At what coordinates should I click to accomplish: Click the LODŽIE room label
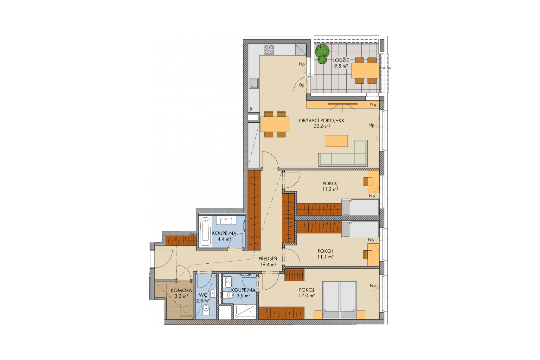(x=341, y=60)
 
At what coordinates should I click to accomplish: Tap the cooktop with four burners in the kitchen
(x=269, y=50)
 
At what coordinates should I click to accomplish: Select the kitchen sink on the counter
(x=253, y=83)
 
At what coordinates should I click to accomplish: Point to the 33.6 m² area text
(x=322, y=126)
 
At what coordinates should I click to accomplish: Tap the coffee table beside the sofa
(x=336, y=141)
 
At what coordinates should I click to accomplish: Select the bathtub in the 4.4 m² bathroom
(x=205, y=231)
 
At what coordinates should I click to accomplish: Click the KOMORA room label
(x=181, y=290)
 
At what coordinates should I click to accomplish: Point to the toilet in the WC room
(x=206, y=309)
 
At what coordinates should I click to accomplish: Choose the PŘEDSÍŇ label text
(x=268, y=258)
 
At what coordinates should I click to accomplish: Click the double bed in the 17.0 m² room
(x=339, y=300)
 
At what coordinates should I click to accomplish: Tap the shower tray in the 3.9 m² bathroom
(x=245, y=311)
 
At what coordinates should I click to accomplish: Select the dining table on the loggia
(x=366, y=70)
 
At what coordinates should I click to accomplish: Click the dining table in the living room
(x=275, y=124)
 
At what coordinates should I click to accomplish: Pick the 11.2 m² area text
(x=330, y=189)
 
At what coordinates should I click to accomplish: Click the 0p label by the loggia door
(x=302, y=85)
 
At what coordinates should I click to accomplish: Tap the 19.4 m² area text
(x=268, y=264)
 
